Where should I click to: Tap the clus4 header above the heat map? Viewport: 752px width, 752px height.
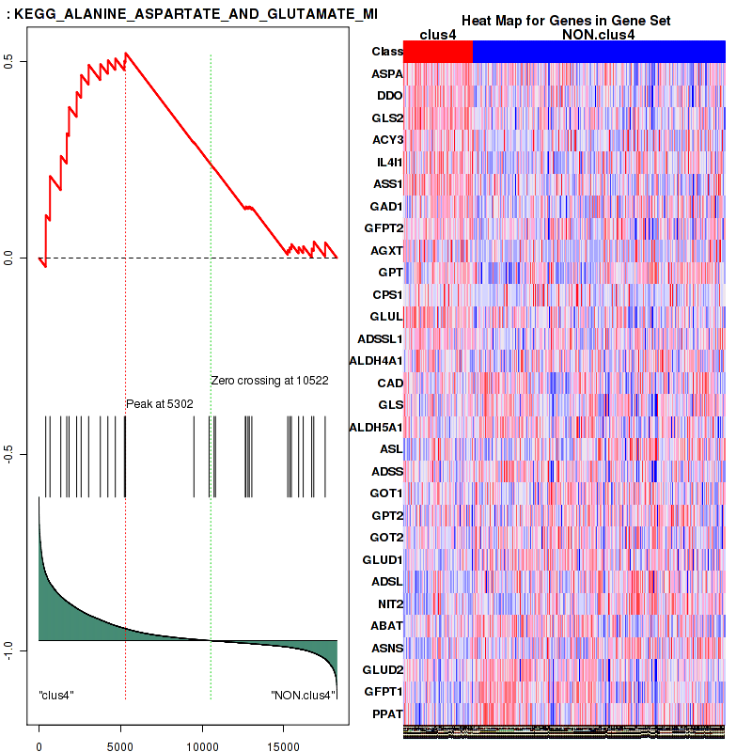438,35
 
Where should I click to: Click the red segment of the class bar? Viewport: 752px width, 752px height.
438,52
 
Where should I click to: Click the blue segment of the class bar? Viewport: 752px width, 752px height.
599,52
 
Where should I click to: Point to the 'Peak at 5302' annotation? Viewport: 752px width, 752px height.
160,403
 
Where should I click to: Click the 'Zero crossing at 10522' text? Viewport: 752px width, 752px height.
269,381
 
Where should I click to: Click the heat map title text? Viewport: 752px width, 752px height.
565,21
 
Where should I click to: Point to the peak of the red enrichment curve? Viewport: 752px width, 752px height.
126,53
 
